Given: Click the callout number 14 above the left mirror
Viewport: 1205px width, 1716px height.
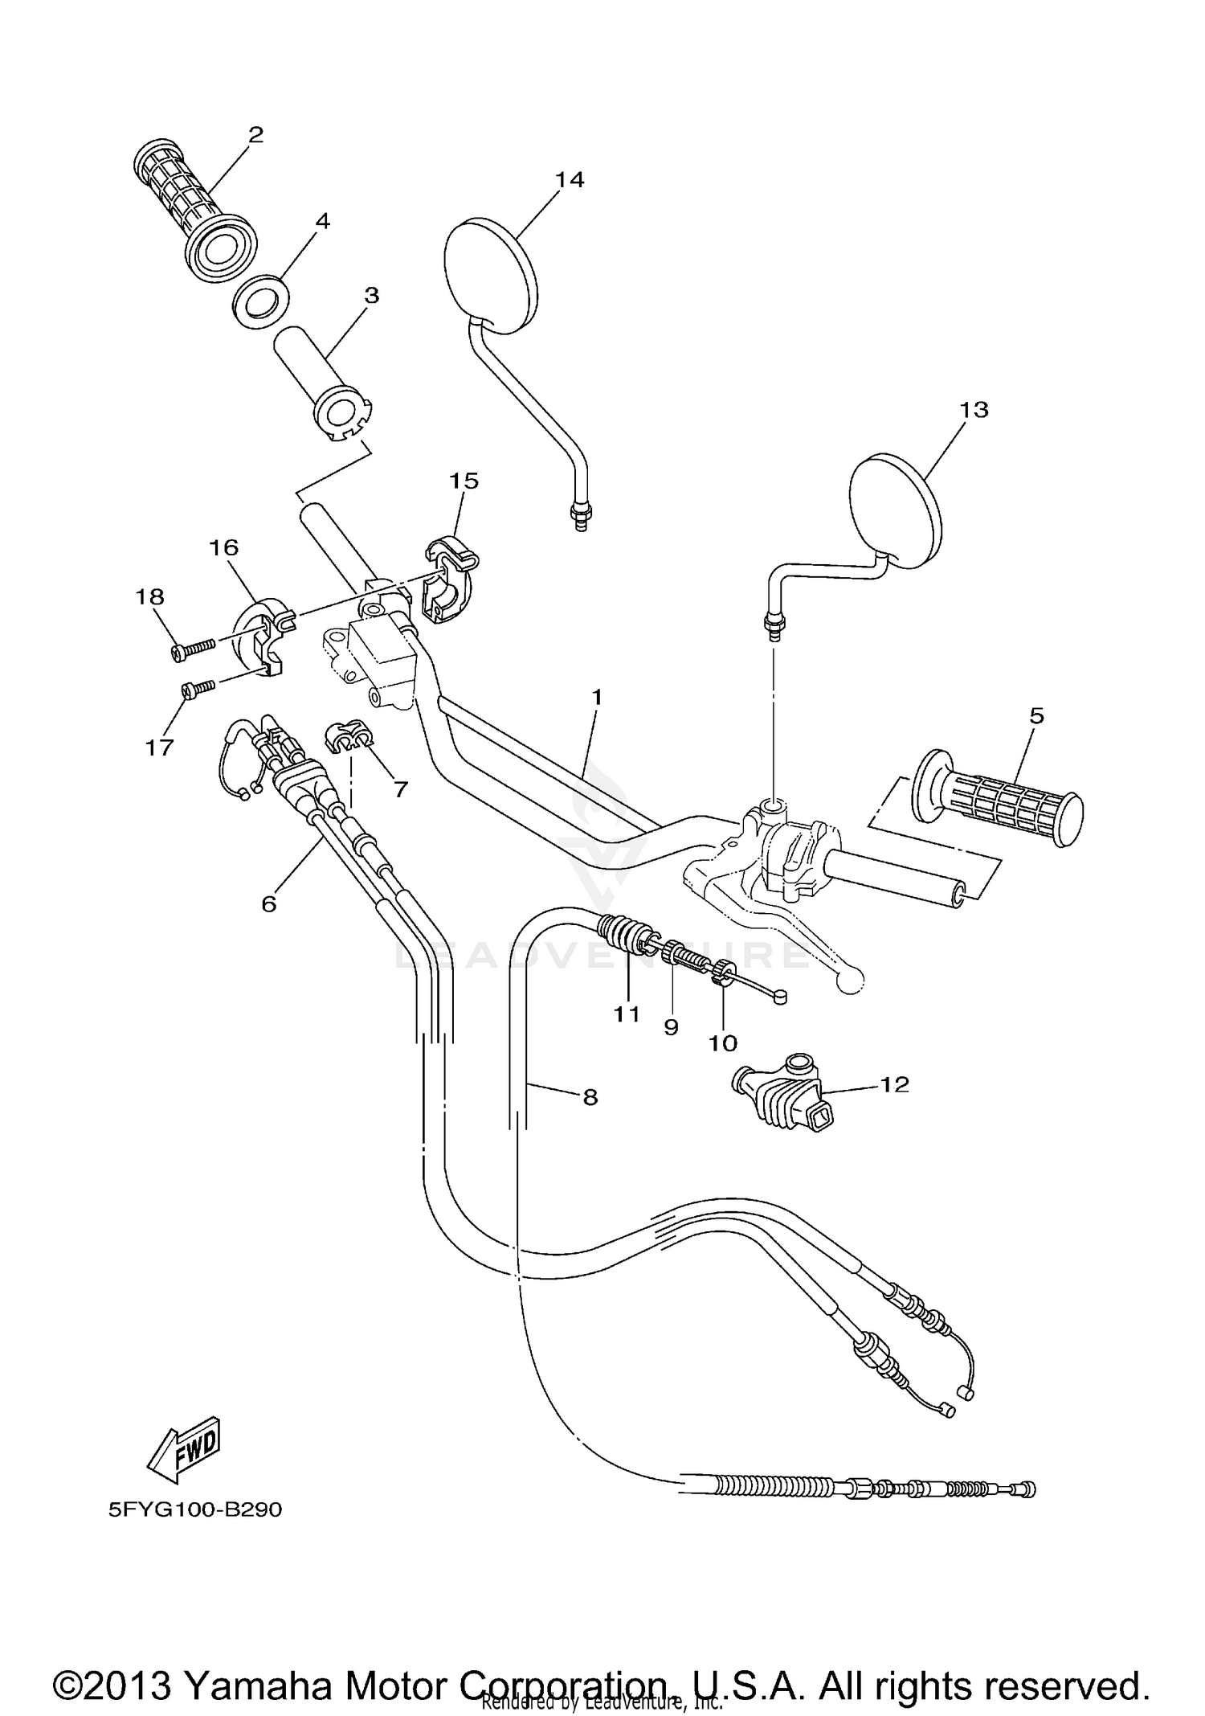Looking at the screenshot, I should [570, 179].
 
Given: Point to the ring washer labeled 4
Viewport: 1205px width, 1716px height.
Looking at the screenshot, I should [259, 303].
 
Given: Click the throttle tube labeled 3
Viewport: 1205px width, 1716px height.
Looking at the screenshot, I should [321, 378].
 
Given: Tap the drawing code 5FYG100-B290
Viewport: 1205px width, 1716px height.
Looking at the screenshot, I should [195, 1509].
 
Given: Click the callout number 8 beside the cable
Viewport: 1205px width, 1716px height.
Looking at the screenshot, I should [590, 1096].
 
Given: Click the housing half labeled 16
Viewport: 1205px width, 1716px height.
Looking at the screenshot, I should [261, 635].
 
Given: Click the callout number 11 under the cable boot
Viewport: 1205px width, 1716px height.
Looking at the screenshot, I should [627, 1014].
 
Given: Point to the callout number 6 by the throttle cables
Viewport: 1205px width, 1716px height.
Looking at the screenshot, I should [268, 903].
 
